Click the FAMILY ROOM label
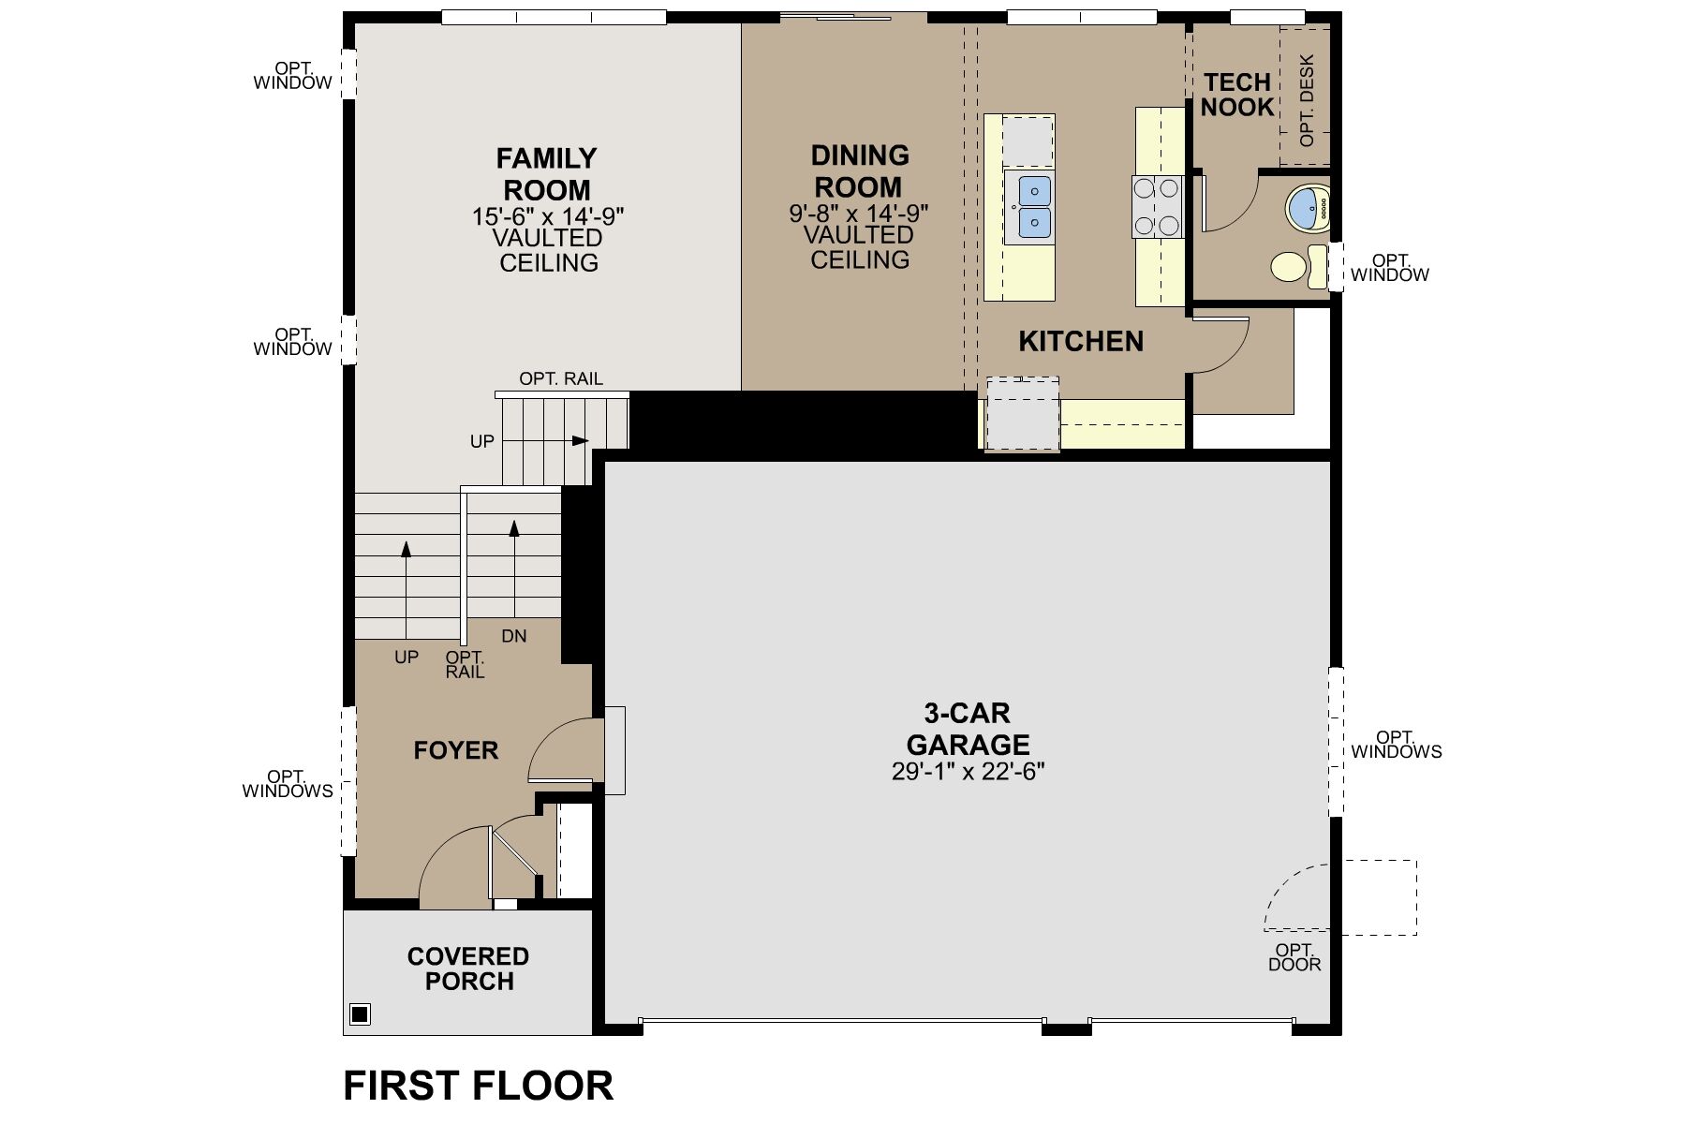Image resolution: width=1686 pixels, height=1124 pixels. click(x=547, y=174)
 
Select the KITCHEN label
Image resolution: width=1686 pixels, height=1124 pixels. click(x=1081, y=342)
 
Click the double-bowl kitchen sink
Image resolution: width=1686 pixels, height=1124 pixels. click(x=1028, y=207)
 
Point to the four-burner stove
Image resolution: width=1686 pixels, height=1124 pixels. click(x=1156, y=206)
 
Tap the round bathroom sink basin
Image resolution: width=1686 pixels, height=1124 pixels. click(x=1308, y=208)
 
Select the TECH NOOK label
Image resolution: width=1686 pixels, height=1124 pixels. click(x=1237, y=95)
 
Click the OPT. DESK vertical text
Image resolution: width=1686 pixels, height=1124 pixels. click(x=1308, y=100)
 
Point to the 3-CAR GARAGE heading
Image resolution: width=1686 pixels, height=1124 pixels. click(x=968, y=729)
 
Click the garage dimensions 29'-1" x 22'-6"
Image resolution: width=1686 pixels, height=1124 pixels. click(x=968, y=772)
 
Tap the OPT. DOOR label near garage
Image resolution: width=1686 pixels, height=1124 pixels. click(x=1294, y=957)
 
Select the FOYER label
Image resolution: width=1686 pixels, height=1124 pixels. click(x=456, y=750)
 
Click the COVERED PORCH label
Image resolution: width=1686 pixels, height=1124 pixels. click(x=468, y=969)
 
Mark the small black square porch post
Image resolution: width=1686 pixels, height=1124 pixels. click(x=360, y=1013)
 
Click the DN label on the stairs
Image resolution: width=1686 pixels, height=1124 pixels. click(x=514, y=636)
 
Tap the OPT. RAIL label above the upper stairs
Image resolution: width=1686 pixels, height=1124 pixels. click(x=561, y=378)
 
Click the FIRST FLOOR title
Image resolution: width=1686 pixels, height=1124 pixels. click(x=478, y=1086)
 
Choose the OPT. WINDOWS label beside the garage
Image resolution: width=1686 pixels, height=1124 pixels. click(x=1396, y=745)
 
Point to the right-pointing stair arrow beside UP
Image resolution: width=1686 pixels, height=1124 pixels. click(x=580, y=440)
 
